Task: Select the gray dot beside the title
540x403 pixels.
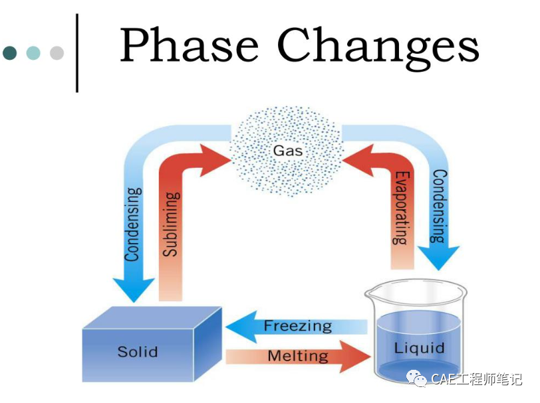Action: click(x=57, y=53)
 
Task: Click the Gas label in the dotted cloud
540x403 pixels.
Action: click(x=288, y=151)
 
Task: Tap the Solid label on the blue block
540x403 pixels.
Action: click(x=138, y=351)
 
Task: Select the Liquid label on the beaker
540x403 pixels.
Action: click(x=419, y=348)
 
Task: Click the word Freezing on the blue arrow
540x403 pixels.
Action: click(x=297, y=326)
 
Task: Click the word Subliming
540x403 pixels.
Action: click(x=171, y=224)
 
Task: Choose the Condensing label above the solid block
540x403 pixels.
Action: click(x=133, y=224)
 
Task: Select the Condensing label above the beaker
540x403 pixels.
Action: click(x=439, y=206)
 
